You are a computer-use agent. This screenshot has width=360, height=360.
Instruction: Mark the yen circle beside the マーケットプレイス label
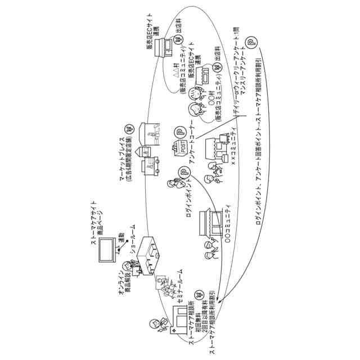129,128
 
